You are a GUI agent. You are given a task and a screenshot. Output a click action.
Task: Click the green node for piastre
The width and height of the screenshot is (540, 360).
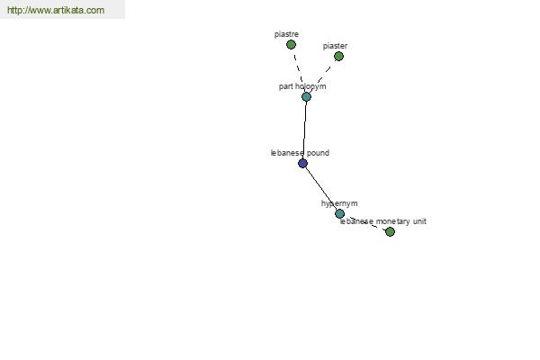click(x=291, y=44)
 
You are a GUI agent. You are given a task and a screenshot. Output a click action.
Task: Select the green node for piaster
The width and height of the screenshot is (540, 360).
click(x=338, y=56)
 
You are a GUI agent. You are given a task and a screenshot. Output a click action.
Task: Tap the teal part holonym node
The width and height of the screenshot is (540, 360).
click(x=306, y=97)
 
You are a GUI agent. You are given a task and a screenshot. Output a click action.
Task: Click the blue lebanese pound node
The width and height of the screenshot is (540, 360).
click(x=302, y=163)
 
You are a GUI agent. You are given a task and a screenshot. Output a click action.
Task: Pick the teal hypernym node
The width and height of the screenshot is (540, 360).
click(x=339, y=213)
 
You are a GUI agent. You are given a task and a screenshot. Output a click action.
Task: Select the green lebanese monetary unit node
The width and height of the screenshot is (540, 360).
click(x=390, y=232)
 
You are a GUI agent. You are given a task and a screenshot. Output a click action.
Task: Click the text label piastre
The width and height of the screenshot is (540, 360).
click(x=286, y=34)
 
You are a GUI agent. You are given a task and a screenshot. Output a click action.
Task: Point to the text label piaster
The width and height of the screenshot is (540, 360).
click(x=335, y=46)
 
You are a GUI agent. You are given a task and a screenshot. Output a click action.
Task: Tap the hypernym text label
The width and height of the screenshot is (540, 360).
click(x=339, y=203)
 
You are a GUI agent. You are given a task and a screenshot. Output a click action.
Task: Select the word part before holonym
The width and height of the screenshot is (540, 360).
click(x=286, y=86)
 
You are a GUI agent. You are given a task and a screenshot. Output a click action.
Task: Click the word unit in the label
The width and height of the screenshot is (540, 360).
click(x=419, y=221)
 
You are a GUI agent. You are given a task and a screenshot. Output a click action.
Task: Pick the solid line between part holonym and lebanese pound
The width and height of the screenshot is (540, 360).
click(x=304, y=130)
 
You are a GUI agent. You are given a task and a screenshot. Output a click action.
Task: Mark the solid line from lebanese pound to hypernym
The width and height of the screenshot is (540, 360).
click(x=321, y=188)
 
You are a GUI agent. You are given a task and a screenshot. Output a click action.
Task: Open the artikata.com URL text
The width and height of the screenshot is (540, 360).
click(x=56, y=10)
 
